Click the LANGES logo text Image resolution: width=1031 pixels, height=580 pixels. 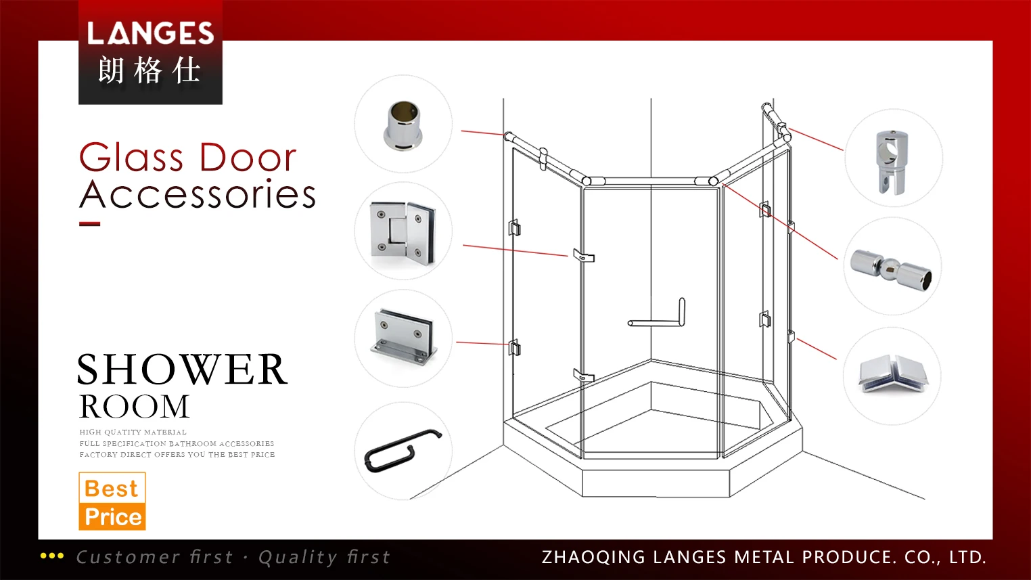[x=150, y=33]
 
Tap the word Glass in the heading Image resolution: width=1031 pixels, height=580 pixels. [x=131, y=158]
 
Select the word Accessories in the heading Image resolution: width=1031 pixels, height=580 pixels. [x=198, y=195]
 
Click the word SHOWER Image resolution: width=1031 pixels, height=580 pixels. [x=182, y=370]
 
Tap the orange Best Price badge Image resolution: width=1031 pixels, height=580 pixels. [x=112, y=501]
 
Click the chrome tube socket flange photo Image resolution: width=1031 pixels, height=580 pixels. [x=403, y=125]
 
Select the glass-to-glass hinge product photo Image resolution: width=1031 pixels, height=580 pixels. [x=403, y=231]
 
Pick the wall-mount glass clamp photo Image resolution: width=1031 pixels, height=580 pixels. [x=404, y=338]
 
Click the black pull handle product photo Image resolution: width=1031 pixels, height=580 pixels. [x=403, y=450]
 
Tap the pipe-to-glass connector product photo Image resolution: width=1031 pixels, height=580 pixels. [x=893, y=159]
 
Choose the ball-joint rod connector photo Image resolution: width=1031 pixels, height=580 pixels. [x=892, y=267]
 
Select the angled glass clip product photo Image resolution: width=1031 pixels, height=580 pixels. [x=892, y=375]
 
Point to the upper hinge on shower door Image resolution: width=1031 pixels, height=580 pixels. [x=583, y=256]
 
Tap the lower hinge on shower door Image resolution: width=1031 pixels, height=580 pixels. [x=583, y=376]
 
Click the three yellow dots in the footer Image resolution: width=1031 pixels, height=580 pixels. [x=52, y=556]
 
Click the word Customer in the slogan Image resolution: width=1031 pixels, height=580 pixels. [x=128, y=558]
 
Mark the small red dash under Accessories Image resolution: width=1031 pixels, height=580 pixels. [x=89, y=224]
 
